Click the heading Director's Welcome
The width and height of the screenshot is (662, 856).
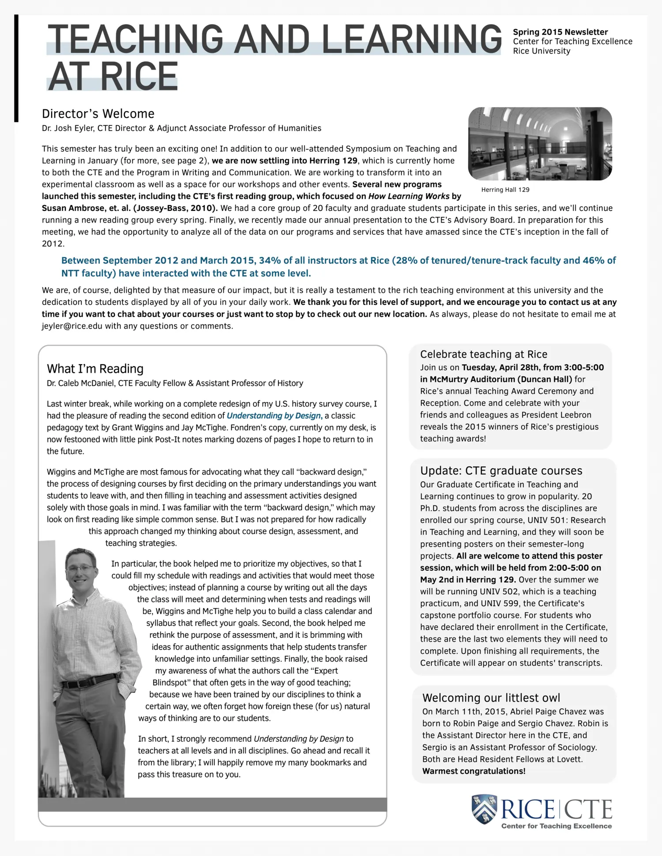point(98,114)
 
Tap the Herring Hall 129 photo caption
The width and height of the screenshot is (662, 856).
point(505,190)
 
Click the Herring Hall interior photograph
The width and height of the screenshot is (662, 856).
point(540,144)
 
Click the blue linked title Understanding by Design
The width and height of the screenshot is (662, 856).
point(274,415)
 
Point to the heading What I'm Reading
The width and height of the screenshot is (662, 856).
point(95,369)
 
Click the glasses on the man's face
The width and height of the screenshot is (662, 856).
point(81,568)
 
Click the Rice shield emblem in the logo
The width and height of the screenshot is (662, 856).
point(484,809)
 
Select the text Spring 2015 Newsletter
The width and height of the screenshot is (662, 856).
point(560,32)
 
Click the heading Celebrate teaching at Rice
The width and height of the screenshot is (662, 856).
point(483,354)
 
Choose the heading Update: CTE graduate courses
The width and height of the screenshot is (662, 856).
point(501,471)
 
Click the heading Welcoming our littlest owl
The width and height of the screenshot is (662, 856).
point(491,698)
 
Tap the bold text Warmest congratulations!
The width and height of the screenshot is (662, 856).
point(474,771)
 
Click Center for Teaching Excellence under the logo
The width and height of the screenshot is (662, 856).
point(556,826)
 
